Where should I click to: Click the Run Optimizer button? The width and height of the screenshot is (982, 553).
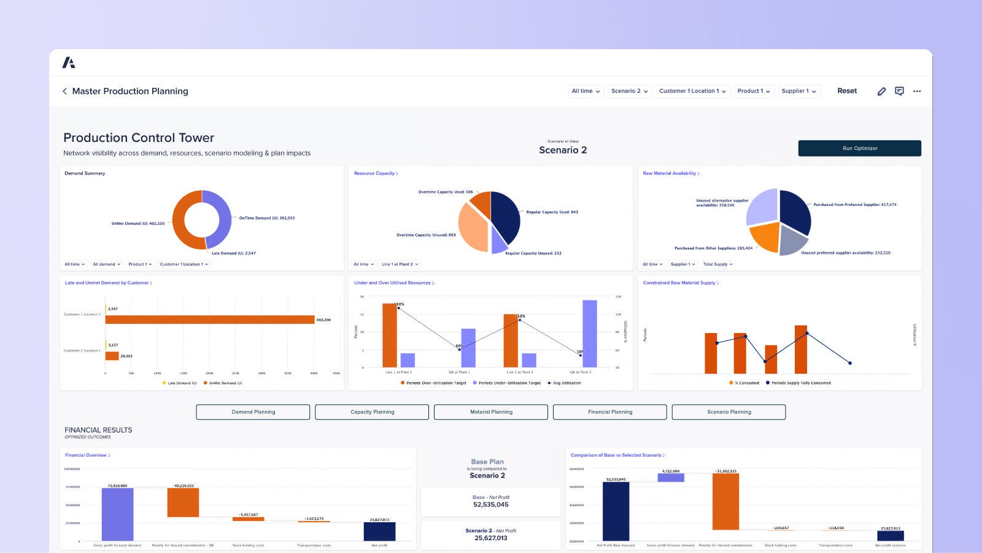click(x=859, y=148)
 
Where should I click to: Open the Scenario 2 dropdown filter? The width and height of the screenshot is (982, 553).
click(x=629, y=91)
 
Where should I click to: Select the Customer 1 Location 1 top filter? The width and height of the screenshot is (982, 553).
click(x=692, y=91)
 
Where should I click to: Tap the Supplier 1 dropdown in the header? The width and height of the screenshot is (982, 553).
click(x=798, y=91)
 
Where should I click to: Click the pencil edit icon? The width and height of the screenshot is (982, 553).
click(x=881, y=91)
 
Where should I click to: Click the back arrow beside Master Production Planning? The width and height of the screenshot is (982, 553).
click(x=64, y=91)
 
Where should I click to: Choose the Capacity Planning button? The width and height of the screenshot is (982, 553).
click(x=372, y=412)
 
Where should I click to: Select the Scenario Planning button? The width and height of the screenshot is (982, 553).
click(x=729, y=412)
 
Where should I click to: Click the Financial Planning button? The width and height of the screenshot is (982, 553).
click(x=609, y=412)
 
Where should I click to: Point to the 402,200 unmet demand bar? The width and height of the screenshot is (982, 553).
click(x=209, y=320)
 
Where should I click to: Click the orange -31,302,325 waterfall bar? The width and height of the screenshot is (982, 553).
click(x=725, y=501)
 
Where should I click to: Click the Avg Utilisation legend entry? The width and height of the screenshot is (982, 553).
click(x=566, y=383)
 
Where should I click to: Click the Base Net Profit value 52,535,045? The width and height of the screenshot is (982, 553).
click(x=490, y=504)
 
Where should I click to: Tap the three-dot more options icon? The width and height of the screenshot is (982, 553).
click(x=917, y=91)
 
